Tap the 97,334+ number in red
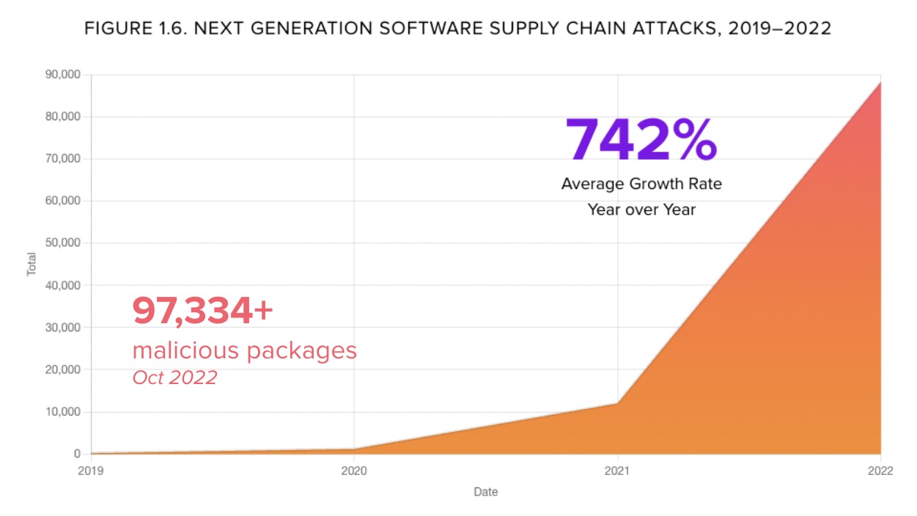pos(202,311)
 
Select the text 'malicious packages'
pos(244,350)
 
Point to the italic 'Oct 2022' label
pos(174,377)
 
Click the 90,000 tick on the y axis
pos(64,75)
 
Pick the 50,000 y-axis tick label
pos(64,243)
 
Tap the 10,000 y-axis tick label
pos(64,412)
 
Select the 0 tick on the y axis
pos(76,454)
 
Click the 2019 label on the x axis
pos(91,472)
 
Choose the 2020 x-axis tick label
pos(354,472)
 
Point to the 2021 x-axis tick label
pos(617,472)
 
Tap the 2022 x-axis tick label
pos(880,472)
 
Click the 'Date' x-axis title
pos(485,492)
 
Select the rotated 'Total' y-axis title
pos(32,264)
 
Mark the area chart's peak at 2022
pos(880,83)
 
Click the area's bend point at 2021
pos(617,403)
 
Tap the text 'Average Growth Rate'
pos(641,183)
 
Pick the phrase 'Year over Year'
pos(641,210)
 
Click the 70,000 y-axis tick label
pos(64,158)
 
